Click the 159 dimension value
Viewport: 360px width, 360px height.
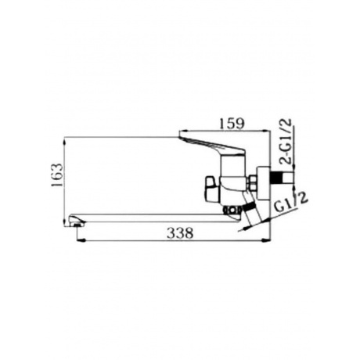point(232,124)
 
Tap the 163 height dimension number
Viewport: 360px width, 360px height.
point(57,175)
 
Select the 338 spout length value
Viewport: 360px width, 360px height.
point(180,232)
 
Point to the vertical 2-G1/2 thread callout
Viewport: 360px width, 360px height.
point(285,141)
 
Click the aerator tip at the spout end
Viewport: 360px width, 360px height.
point(77,224)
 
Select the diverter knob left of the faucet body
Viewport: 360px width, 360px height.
point(211,189)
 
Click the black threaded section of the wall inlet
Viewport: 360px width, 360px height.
point(277,178)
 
